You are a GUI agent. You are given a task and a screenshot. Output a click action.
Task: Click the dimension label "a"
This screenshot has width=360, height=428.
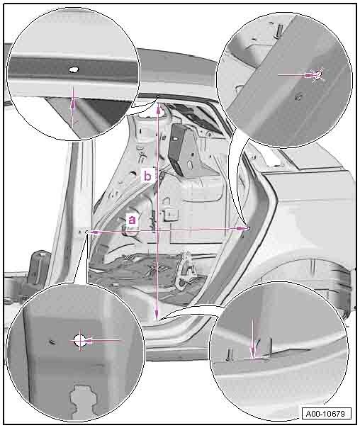point(132,219)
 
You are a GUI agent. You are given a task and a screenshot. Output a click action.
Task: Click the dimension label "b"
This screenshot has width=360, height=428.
point(147,176)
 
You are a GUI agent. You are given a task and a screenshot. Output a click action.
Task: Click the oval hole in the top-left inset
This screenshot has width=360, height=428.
point(74,69)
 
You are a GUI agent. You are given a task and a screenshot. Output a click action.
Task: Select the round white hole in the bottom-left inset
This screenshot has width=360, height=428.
point(80,340)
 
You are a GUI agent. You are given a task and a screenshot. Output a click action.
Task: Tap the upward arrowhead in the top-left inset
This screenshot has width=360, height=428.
point(73,103)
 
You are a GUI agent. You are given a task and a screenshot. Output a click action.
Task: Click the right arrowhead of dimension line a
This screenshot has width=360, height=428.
point(242,229)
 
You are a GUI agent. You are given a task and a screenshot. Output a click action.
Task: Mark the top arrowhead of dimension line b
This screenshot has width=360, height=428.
point(158,109)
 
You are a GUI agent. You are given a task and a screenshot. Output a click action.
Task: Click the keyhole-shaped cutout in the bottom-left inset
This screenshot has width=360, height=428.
point(83,400)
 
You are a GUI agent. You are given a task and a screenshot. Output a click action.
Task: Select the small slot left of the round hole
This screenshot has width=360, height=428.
point(52,342)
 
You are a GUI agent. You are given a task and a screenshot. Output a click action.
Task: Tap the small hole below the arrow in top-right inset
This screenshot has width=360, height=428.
point(298,97)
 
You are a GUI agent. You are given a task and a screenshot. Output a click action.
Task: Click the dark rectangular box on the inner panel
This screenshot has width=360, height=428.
point(178,150)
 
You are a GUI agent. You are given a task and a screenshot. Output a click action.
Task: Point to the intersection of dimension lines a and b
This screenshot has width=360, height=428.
point(157,230)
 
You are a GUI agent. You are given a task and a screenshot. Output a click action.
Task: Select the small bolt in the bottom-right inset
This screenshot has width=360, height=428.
point(230,355)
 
